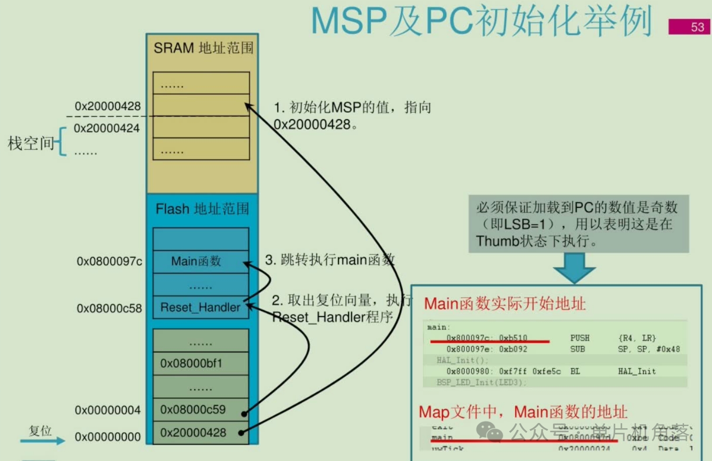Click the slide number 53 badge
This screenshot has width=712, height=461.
[689, 27]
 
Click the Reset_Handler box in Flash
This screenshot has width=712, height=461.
[200, 307]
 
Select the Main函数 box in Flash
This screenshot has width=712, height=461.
[200, 261]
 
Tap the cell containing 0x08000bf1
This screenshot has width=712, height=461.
[200, 363]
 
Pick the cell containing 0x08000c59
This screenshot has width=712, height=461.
[200, 409]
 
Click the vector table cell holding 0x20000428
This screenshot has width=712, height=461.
[200, 433]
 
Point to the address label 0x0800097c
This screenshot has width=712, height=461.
[109, 261]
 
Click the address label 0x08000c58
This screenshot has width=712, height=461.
[109, 308]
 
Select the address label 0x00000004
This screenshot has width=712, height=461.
[107, 410]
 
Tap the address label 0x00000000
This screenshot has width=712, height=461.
[107, 437]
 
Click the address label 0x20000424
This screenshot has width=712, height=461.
[107, 128]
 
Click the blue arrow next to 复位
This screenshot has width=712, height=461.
[43, 441]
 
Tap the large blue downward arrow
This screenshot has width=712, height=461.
[574, 267]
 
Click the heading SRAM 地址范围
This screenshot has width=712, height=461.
[203, 48]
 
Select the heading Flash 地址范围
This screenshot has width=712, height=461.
[202, 209]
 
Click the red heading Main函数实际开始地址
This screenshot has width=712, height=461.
[505, 304]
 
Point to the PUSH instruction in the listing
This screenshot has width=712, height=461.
[580, 338]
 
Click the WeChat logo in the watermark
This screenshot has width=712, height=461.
[489, 431]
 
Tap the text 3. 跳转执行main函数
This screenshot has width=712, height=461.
[330, 260]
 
